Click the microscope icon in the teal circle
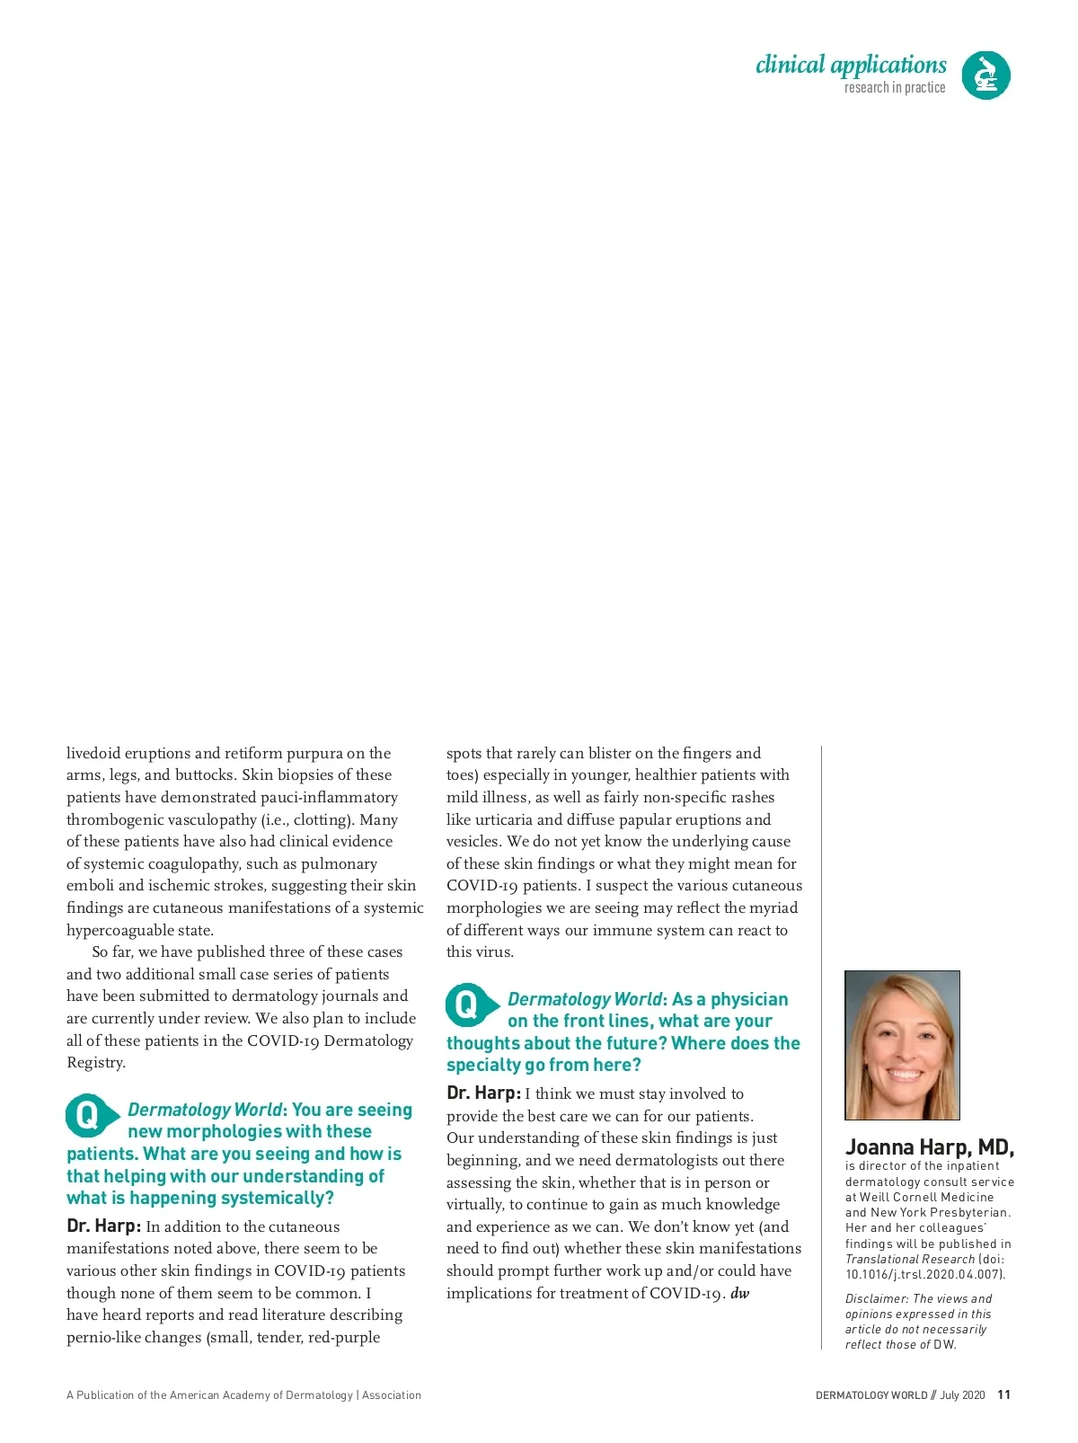(x=985, y=75)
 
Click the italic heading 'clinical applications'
(x=851, y=65)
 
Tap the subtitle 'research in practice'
(x=894, y=88)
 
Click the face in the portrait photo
(x=902, y=1047)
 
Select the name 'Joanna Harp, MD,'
(x=930, y=1147)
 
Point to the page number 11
(x=1004, y=1394)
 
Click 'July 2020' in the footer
(x=962, y=1395)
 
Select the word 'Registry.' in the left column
(x=96, y=1062)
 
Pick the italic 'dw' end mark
(x=740, y=1294)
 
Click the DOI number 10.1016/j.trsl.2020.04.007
(x=924, y=1274)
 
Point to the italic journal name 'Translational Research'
(x=909, y=1259)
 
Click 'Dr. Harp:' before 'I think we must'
(x=483, y=1093)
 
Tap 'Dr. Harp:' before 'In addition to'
(x=103, y=1226)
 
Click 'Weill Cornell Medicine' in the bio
(x=926, y=1197)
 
